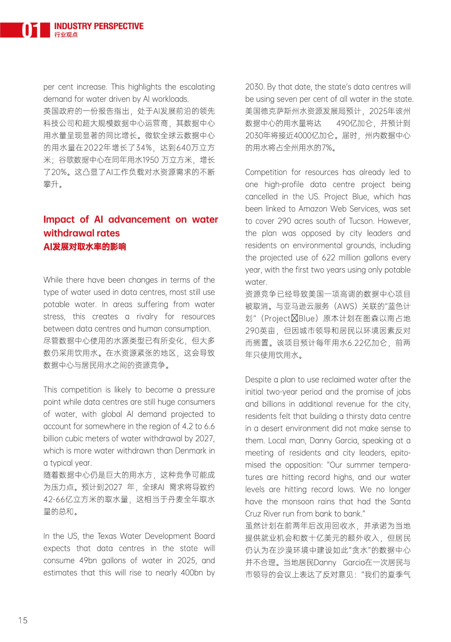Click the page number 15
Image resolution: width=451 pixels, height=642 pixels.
23,620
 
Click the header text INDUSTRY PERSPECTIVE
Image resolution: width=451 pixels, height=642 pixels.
99,26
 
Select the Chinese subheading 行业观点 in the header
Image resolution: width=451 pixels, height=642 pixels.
66,35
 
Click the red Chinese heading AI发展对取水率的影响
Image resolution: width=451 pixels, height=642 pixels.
85,247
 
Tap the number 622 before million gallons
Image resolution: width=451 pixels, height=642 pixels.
328,258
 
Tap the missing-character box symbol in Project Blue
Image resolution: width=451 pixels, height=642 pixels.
294,319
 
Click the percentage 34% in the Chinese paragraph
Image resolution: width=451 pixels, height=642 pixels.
144,148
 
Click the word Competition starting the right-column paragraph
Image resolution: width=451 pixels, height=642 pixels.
266,173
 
